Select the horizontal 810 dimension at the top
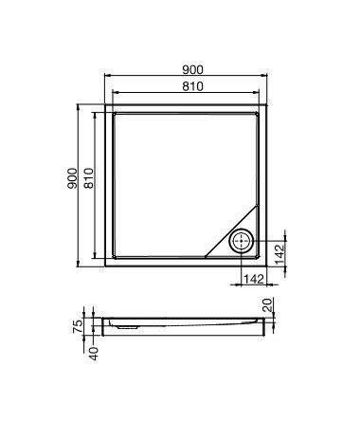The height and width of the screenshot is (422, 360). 189,86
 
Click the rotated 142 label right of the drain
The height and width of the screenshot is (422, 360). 279,253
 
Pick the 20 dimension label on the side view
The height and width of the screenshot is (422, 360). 268,306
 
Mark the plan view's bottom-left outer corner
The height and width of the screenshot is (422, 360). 103,266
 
